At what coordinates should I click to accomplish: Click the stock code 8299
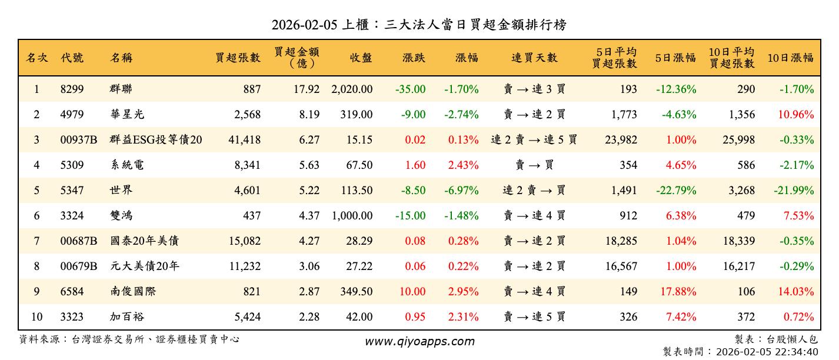[72, 89]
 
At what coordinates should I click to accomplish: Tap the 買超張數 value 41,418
[244, 140]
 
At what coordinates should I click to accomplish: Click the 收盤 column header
[361, 58]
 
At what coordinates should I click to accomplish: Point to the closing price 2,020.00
[352, 89]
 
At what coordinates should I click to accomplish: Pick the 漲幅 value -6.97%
[462, 191]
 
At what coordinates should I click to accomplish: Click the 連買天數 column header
[534, 58]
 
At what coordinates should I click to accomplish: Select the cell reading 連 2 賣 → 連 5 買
[534, 140]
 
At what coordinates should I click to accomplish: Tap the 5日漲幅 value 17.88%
[677, 292]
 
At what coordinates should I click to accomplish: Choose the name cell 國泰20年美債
[145, 241]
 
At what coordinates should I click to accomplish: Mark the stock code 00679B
[79, 266]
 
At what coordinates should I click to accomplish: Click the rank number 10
[36, 317]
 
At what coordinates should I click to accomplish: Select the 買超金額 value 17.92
[309, 89]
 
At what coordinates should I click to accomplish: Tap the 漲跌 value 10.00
[412, 292]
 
